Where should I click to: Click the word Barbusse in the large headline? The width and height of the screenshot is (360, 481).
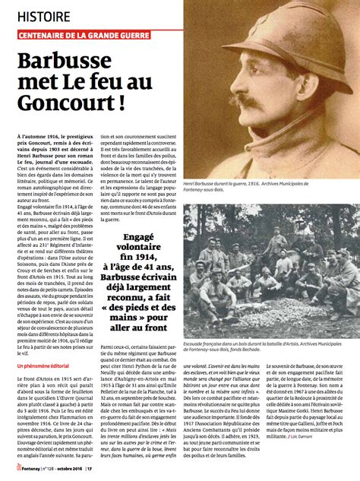point(73,61)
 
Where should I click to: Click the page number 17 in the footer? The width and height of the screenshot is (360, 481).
point(90,469)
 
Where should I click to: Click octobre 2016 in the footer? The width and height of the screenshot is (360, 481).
point(69,469)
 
